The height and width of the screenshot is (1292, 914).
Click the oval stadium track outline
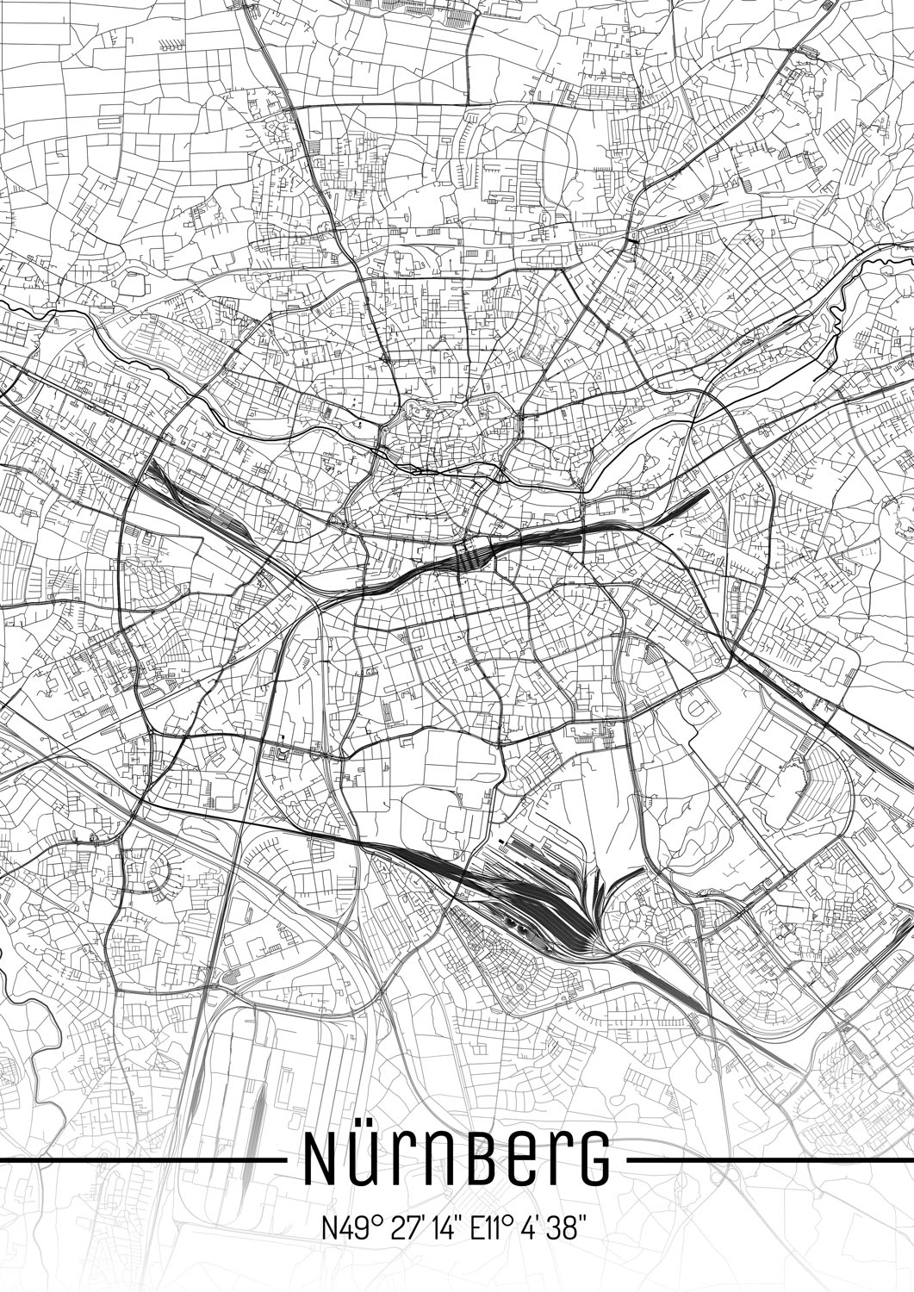[x=697, y=711]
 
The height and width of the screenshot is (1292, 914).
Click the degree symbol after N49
[x=367, y=1218]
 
